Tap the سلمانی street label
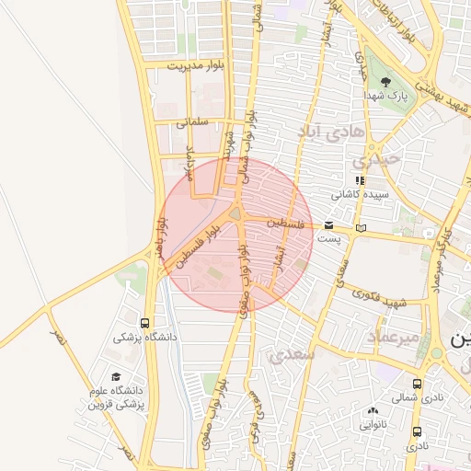tap(193, 121)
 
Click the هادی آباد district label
tap(331, 133)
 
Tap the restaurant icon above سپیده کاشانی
tap(360, 181)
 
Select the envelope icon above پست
tap(329, 224)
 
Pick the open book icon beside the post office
tap(361, 227)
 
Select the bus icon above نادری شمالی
tap(418, 385)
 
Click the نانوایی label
tap(373, 424)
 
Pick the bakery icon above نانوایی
tap(373, 411)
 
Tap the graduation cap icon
tap(116, 377)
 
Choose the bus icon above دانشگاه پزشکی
tap(144, 323)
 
